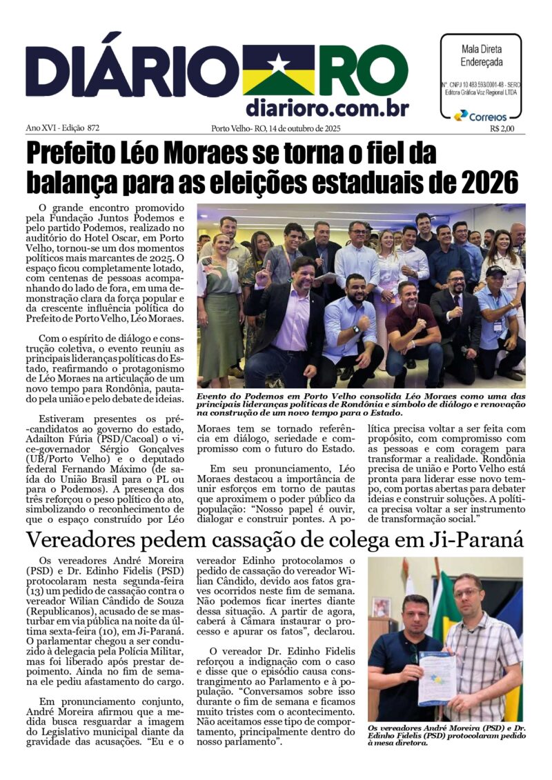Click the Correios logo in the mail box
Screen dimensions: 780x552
pyautogui.click(x=481, y=116)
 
